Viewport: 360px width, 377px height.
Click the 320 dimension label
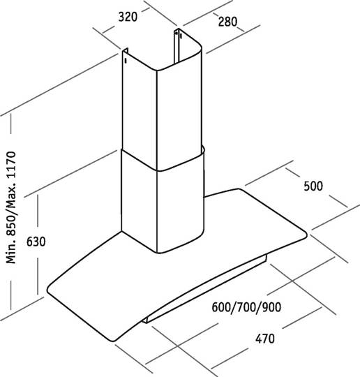(x=128, y=17)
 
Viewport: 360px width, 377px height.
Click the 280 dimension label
(x=227, y=22)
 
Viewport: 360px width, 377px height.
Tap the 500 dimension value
(x=313, y=186)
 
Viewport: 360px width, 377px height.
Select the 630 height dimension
(x=36, y=242)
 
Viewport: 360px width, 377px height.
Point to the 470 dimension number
(x=265, y=339)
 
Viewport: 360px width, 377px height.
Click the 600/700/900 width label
(x=246, y=307)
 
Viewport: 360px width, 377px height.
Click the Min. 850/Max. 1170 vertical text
(x=11, y=207)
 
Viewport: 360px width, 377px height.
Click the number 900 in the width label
(x=271, y=307)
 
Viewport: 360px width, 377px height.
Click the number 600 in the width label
(x=221, y=307)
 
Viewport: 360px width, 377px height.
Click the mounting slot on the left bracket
(x=126, y=61)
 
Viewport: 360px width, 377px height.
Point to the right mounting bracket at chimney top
(x=178, y=45)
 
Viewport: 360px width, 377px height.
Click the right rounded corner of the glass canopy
(x=304, y=234)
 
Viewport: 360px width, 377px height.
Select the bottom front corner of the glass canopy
(x=115, y=339)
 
